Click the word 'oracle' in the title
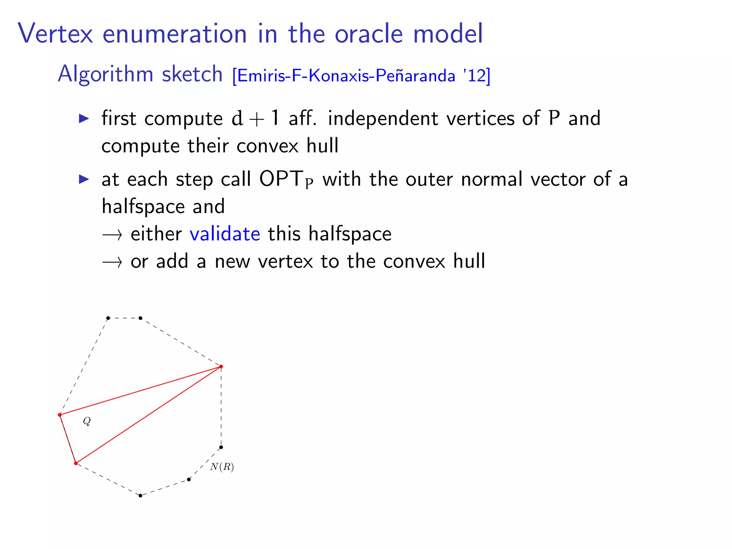click(369, 34)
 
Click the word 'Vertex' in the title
click(55, 34)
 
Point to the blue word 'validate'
click(225, 234)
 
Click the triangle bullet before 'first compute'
click(84, 118)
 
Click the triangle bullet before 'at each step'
click(84, 179)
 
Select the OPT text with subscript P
click(286, 179)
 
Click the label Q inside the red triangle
click(87, 421)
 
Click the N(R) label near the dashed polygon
click(222, 467)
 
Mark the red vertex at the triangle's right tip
click(221, 366)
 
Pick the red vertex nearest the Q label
click(60, 415)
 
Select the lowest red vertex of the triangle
click(76, 463)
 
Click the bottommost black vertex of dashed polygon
click(140, 495)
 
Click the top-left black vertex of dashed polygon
click(108, 318)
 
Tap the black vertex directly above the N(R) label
click(221, 447)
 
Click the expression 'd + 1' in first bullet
click(255, 118)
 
